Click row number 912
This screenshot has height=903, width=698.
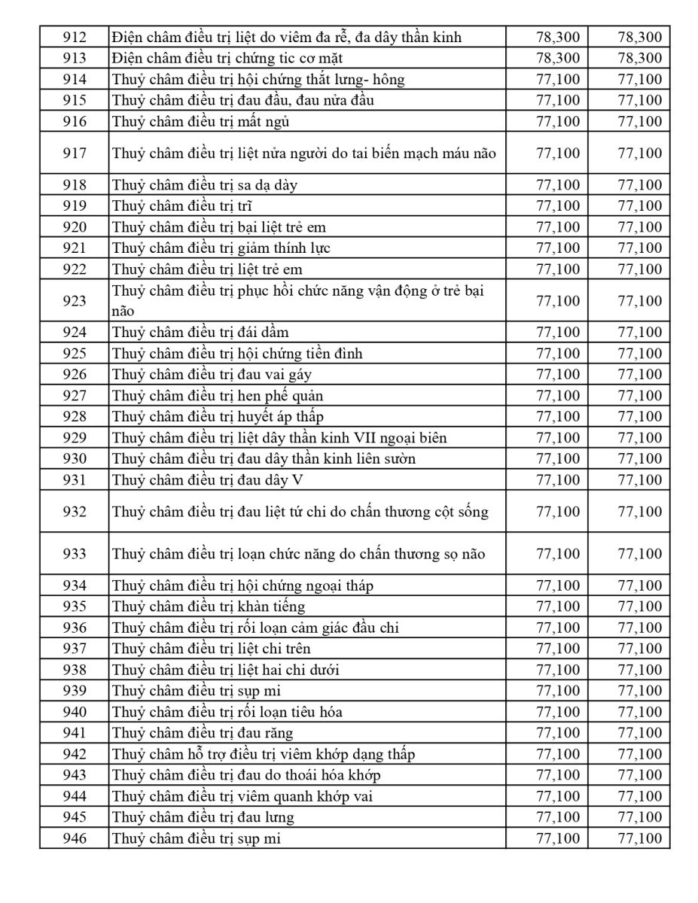75,37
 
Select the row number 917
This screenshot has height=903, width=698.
75,154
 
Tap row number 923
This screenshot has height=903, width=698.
75,301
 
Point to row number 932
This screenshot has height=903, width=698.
75,512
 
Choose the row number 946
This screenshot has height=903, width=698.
75,838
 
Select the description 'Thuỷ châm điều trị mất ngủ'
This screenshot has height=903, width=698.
201,121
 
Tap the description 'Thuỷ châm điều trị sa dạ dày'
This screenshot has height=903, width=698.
204,185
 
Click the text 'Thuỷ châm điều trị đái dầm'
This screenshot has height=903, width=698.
200,333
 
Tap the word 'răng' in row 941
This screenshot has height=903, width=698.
279,733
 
